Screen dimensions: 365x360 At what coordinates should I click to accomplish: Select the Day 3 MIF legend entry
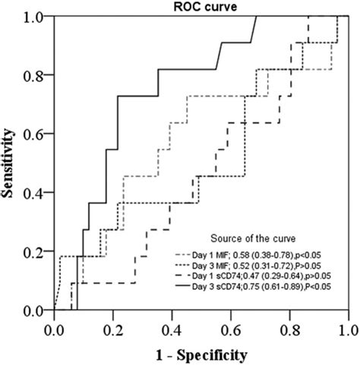coord(254,270)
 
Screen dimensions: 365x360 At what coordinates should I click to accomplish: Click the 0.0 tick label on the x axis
coord(55,330)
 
